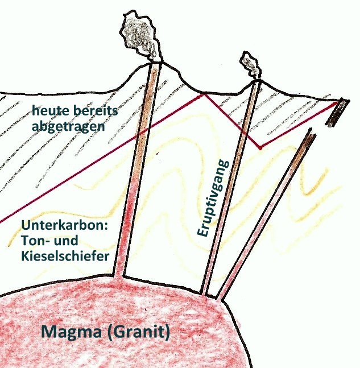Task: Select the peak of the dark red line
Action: click(202, 94)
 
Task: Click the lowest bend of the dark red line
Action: click(259, 148)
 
